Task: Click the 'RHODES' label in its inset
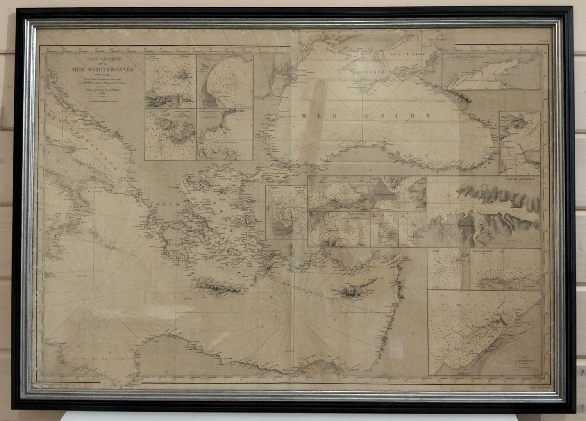click(x=281, y=230)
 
